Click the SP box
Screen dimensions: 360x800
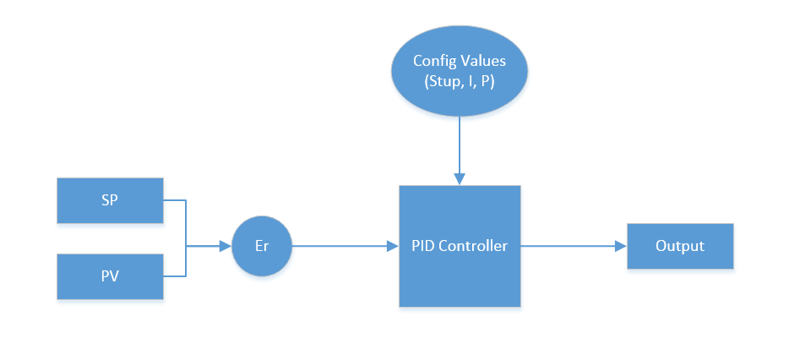(x=110, y=200)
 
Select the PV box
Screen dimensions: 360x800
(x=110, y=276)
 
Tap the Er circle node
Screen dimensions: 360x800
(x=261, y=247)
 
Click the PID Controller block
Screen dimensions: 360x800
(x=460, y=247)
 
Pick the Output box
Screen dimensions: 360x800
(x=680, y=247)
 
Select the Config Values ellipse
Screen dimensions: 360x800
(x=460, y=72)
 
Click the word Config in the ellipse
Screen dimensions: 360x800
(x=433, y=61)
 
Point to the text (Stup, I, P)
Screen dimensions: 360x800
(x=460, y=82)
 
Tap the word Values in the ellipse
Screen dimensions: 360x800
(x=484, y=61)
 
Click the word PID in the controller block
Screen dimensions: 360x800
(x=424, y=247)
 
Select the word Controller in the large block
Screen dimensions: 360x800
(x=475, y=247)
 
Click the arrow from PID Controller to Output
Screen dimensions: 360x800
(x=570, y=247)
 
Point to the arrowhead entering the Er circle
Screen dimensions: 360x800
(x=226, y=247)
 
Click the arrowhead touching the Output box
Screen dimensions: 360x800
(x=621, y=247)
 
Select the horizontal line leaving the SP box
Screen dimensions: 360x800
(x=174, y=201)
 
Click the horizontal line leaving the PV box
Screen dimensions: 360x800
(x=174, y=276)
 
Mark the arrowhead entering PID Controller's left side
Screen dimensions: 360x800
(x=393, y=247)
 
